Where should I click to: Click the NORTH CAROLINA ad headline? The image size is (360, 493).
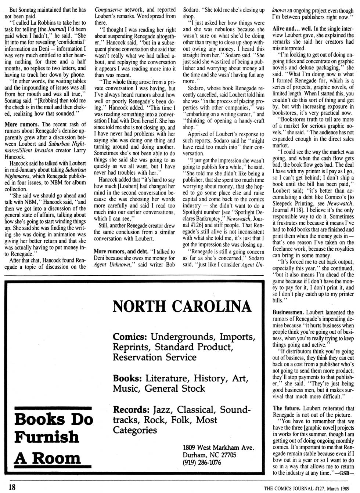pos(182,306)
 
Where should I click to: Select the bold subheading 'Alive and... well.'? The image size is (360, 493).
pos(292,28)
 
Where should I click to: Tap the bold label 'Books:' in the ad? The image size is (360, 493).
pos(127,378)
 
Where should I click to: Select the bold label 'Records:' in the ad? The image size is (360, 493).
pos(132,409)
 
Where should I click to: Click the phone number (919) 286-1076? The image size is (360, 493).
pos(202,462)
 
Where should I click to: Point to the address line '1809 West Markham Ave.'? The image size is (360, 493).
pos(218,447)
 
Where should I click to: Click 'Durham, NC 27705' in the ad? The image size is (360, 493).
pos(209,455)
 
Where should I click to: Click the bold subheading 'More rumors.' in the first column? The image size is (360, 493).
pos(22,124)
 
